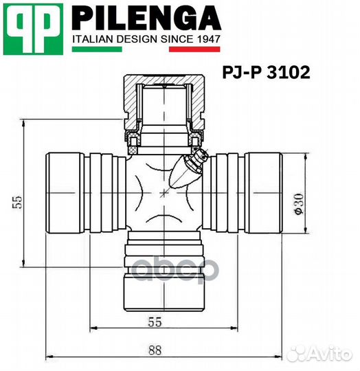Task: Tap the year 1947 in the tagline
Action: coord(207,39)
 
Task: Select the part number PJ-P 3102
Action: coord(266,71)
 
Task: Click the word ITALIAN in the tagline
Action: coord(95,39)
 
